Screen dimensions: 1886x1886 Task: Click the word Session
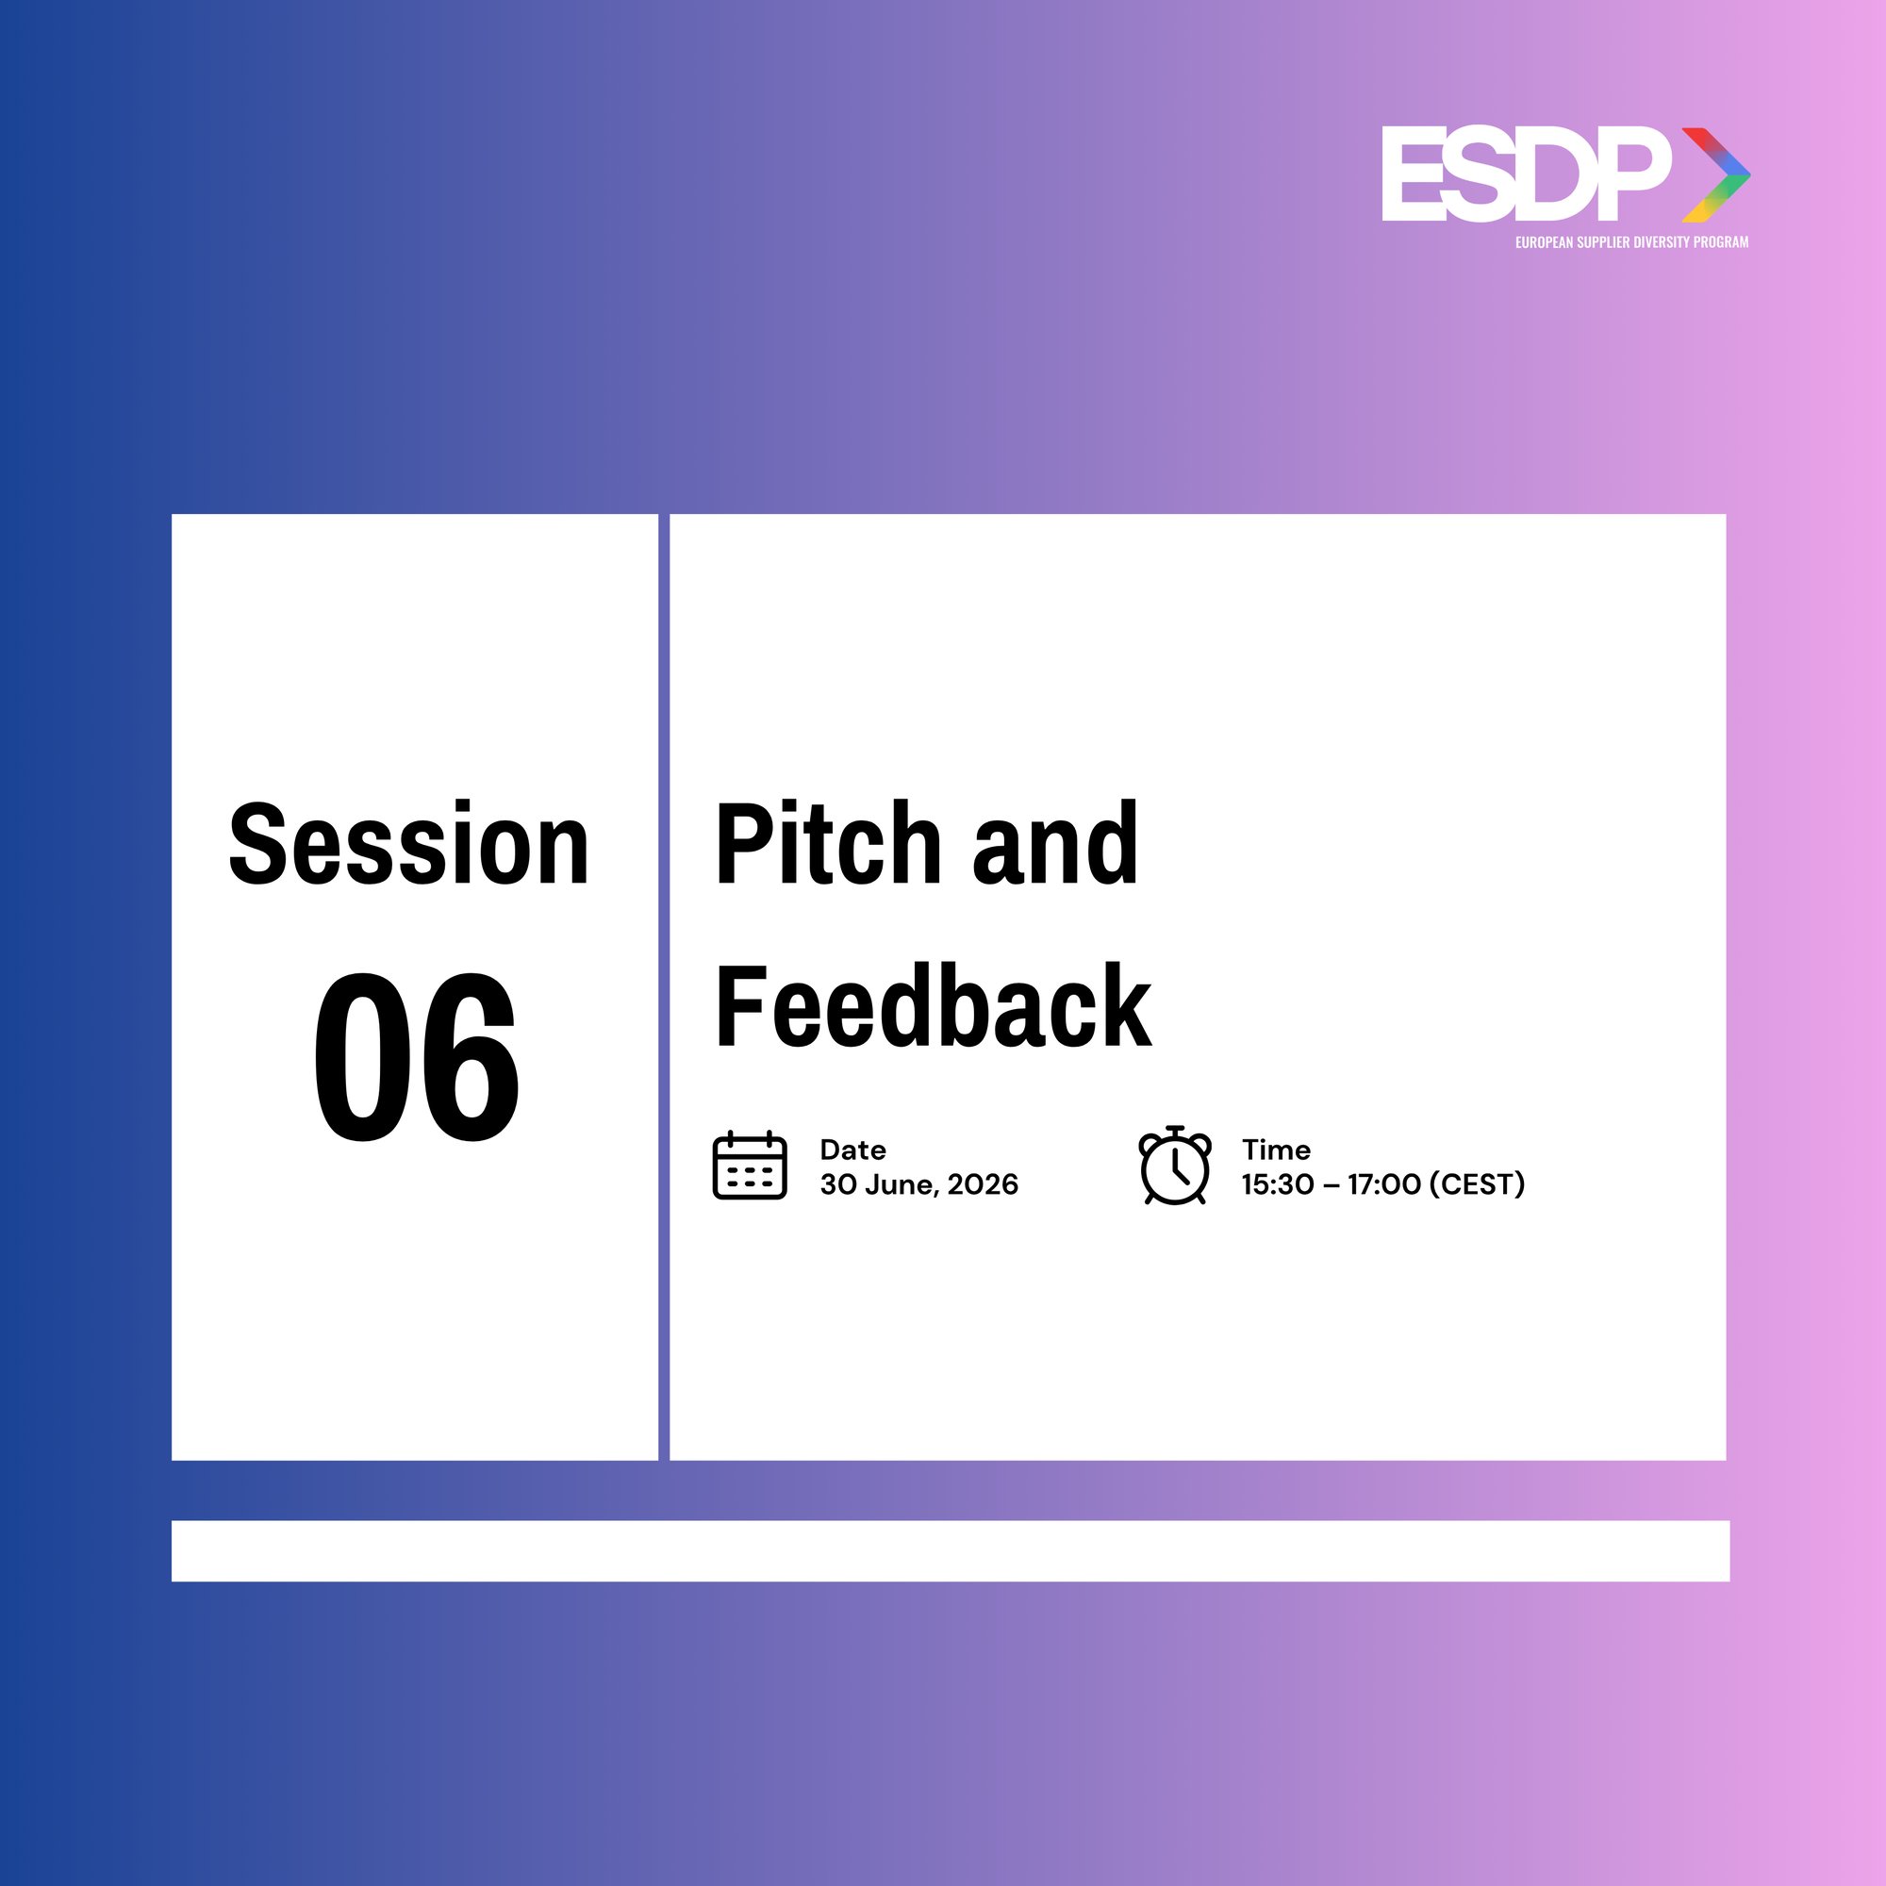(408, 844)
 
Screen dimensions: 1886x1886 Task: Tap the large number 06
(416, 1057)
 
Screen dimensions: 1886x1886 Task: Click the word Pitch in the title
(828, 844)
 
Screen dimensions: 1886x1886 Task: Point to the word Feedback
(933, 1007)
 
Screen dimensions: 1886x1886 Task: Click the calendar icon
(750, 1165)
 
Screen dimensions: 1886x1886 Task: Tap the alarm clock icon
(1174, 1166)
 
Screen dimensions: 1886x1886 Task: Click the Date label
(852, 1149)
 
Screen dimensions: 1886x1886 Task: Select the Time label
(1275, 1149)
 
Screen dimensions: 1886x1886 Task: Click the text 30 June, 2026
(918, 1184)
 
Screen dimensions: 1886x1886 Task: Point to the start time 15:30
(1277, 1184)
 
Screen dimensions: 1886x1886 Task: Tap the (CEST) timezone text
(1476, 1184)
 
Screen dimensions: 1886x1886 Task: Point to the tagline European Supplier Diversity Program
(1631, 242)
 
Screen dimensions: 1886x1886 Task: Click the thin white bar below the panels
(950, 1550)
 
